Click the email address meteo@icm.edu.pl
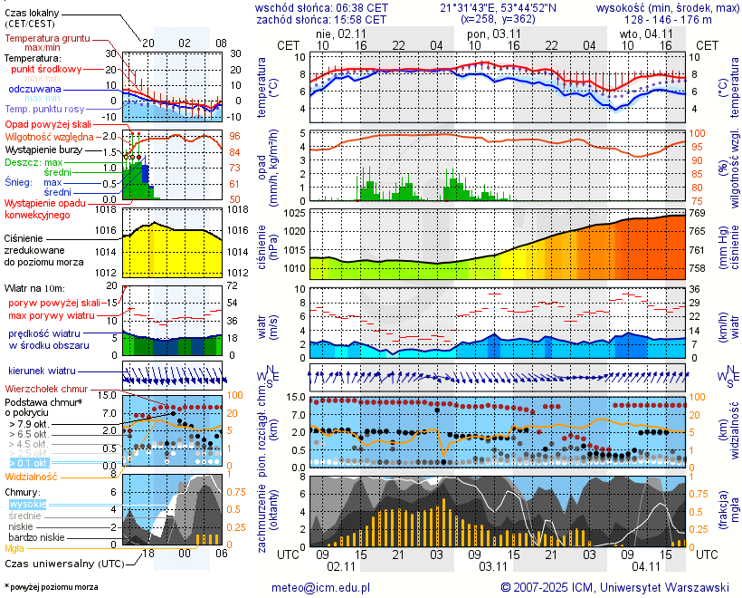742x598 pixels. pos(321,587)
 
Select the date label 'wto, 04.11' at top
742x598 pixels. pos(642,34)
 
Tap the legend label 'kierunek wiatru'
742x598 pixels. pos(43,371)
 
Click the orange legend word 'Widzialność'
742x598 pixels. pos(32,476)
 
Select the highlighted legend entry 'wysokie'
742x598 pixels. pos(26,504)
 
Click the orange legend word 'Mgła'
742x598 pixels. pos(14,548)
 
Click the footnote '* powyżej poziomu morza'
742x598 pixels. pos(51,587)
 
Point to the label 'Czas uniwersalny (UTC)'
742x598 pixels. pos(62,564)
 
